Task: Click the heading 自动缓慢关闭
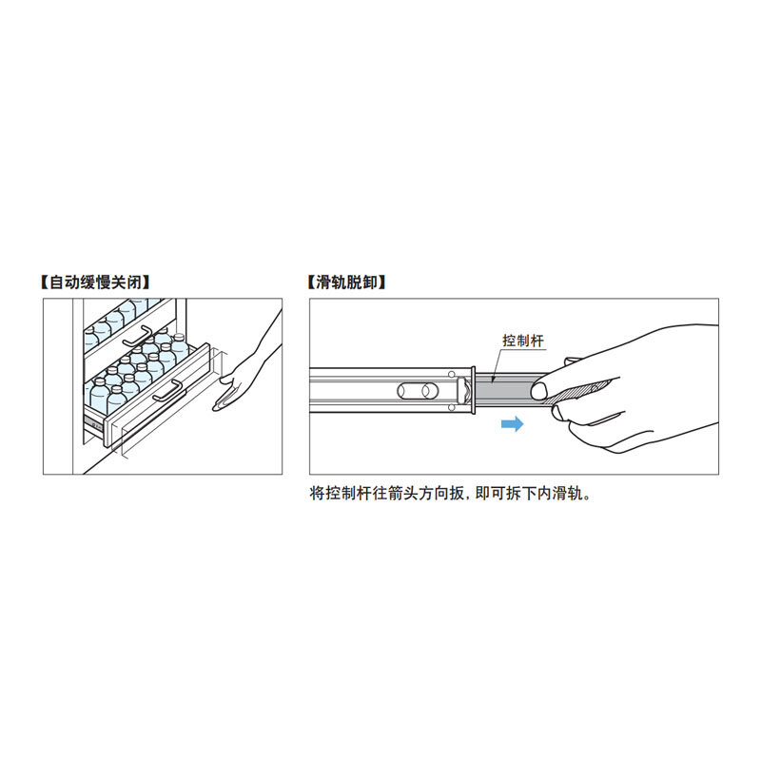(95, 282)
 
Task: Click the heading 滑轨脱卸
(346, 282)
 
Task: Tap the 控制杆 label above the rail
(522, 341)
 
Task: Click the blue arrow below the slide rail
(512, 423)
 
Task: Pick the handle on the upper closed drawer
(138, 337)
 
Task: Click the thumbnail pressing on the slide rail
(538, 391)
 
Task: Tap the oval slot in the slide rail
(418, 391)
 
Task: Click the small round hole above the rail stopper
(451, 375)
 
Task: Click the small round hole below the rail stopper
(451, 408)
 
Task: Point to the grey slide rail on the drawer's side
(93, 424)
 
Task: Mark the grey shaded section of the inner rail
(505, 390)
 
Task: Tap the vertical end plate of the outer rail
(473, 390)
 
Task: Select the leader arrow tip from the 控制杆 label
(493, 382)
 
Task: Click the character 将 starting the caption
(318, 494)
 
